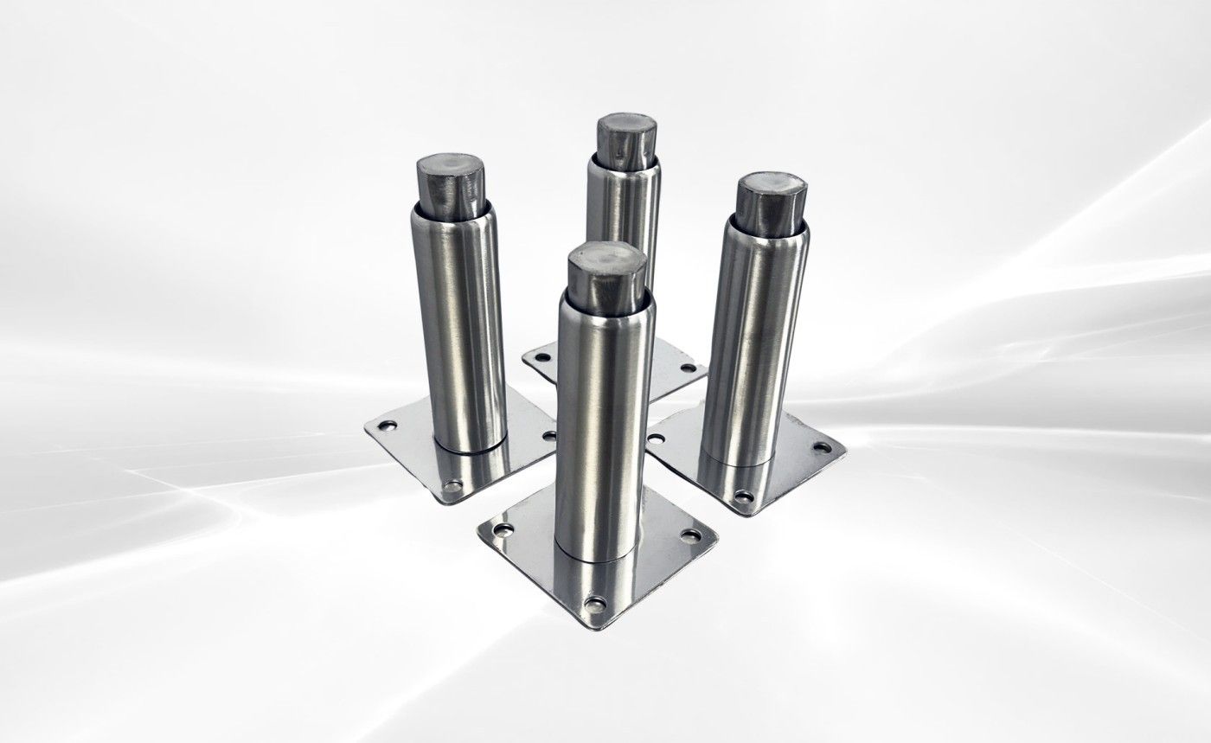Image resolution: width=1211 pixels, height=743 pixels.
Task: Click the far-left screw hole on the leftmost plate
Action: point(386,426)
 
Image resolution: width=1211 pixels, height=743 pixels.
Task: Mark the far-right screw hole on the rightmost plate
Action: point(822,448)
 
